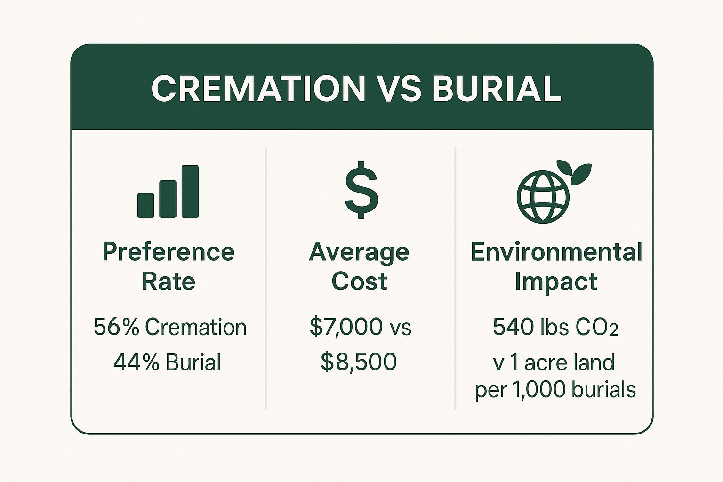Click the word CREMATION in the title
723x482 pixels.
(258, 88)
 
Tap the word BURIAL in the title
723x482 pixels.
(497, 88)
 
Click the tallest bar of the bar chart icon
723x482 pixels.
(190, 191)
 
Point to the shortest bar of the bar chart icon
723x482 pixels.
(145, 205)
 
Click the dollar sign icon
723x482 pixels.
(361, 190)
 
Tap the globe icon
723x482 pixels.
(543, 197)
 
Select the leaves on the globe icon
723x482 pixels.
(575, 171)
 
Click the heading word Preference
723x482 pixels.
(168, 252)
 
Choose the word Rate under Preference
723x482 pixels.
(168, 281)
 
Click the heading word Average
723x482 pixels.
(359, 253)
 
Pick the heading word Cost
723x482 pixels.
(359, 281)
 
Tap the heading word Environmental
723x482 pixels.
(556, 252)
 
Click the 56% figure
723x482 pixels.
(116, 327)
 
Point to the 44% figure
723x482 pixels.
(136, 362)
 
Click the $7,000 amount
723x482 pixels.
(340, 327)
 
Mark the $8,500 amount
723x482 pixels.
(359, 362)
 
